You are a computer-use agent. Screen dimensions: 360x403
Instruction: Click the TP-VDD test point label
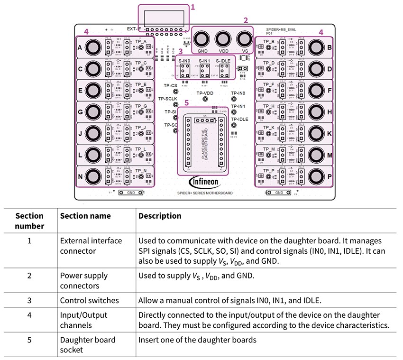pyautogui.click(x=205, y=93)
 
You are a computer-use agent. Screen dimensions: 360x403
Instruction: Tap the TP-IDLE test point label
pyautogui.click(x=240, y=119)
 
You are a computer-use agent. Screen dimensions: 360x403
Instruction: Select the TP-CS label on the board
pyautogui.click(x=171, y=86)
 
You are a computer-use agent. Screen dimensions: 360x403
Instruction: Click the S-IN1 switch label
pyautogui.click(x=205, y=61)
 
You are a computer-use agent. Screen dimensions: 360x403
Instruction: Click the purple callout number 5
pyautogui.click(x=186, y=102)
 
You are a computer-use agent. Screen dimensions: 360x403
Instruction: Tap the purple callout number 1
pyautogui.click(x=193, y=7)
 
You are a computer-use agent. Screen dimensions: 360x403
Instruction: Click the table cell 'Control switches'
pyautogui.click(x=89, y=300)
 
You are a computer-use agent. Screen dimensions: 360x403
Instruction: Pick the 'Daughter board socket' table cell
pyautogui.click(x=88, y=344)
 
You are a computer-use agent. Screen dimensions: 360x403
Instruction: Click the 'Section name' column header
pyautogui.click(x=85, y=216)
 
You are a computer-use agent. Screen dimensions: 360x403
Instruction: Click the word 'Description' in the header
pyautogui.click(x=160, y=216)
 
